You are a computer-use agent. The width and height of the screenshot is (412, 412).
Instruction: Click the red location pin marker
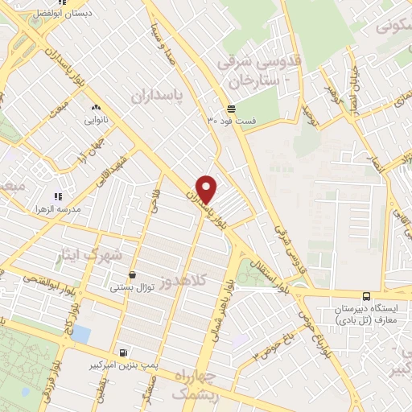[208, 189]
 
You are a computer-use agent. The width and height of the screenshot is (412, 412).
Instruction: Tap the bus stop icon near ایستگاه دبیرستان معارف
[367, 296]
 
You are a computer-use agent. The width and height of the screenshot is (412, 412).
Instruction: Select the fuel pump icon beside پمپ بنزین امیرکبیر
[122, 352]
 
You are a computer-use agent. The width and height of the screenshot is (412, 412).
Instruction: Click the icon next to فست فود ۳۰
[232, 109]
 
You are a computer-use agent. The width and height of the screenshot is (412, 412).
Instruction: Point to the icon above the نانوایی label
[97, 107]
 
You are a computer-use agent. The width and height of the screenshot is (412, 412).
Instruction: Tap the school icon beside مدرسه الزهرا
[57, 196]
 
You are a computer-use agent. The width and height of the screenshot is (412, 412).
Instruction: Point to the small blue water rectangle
[80, 332]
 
